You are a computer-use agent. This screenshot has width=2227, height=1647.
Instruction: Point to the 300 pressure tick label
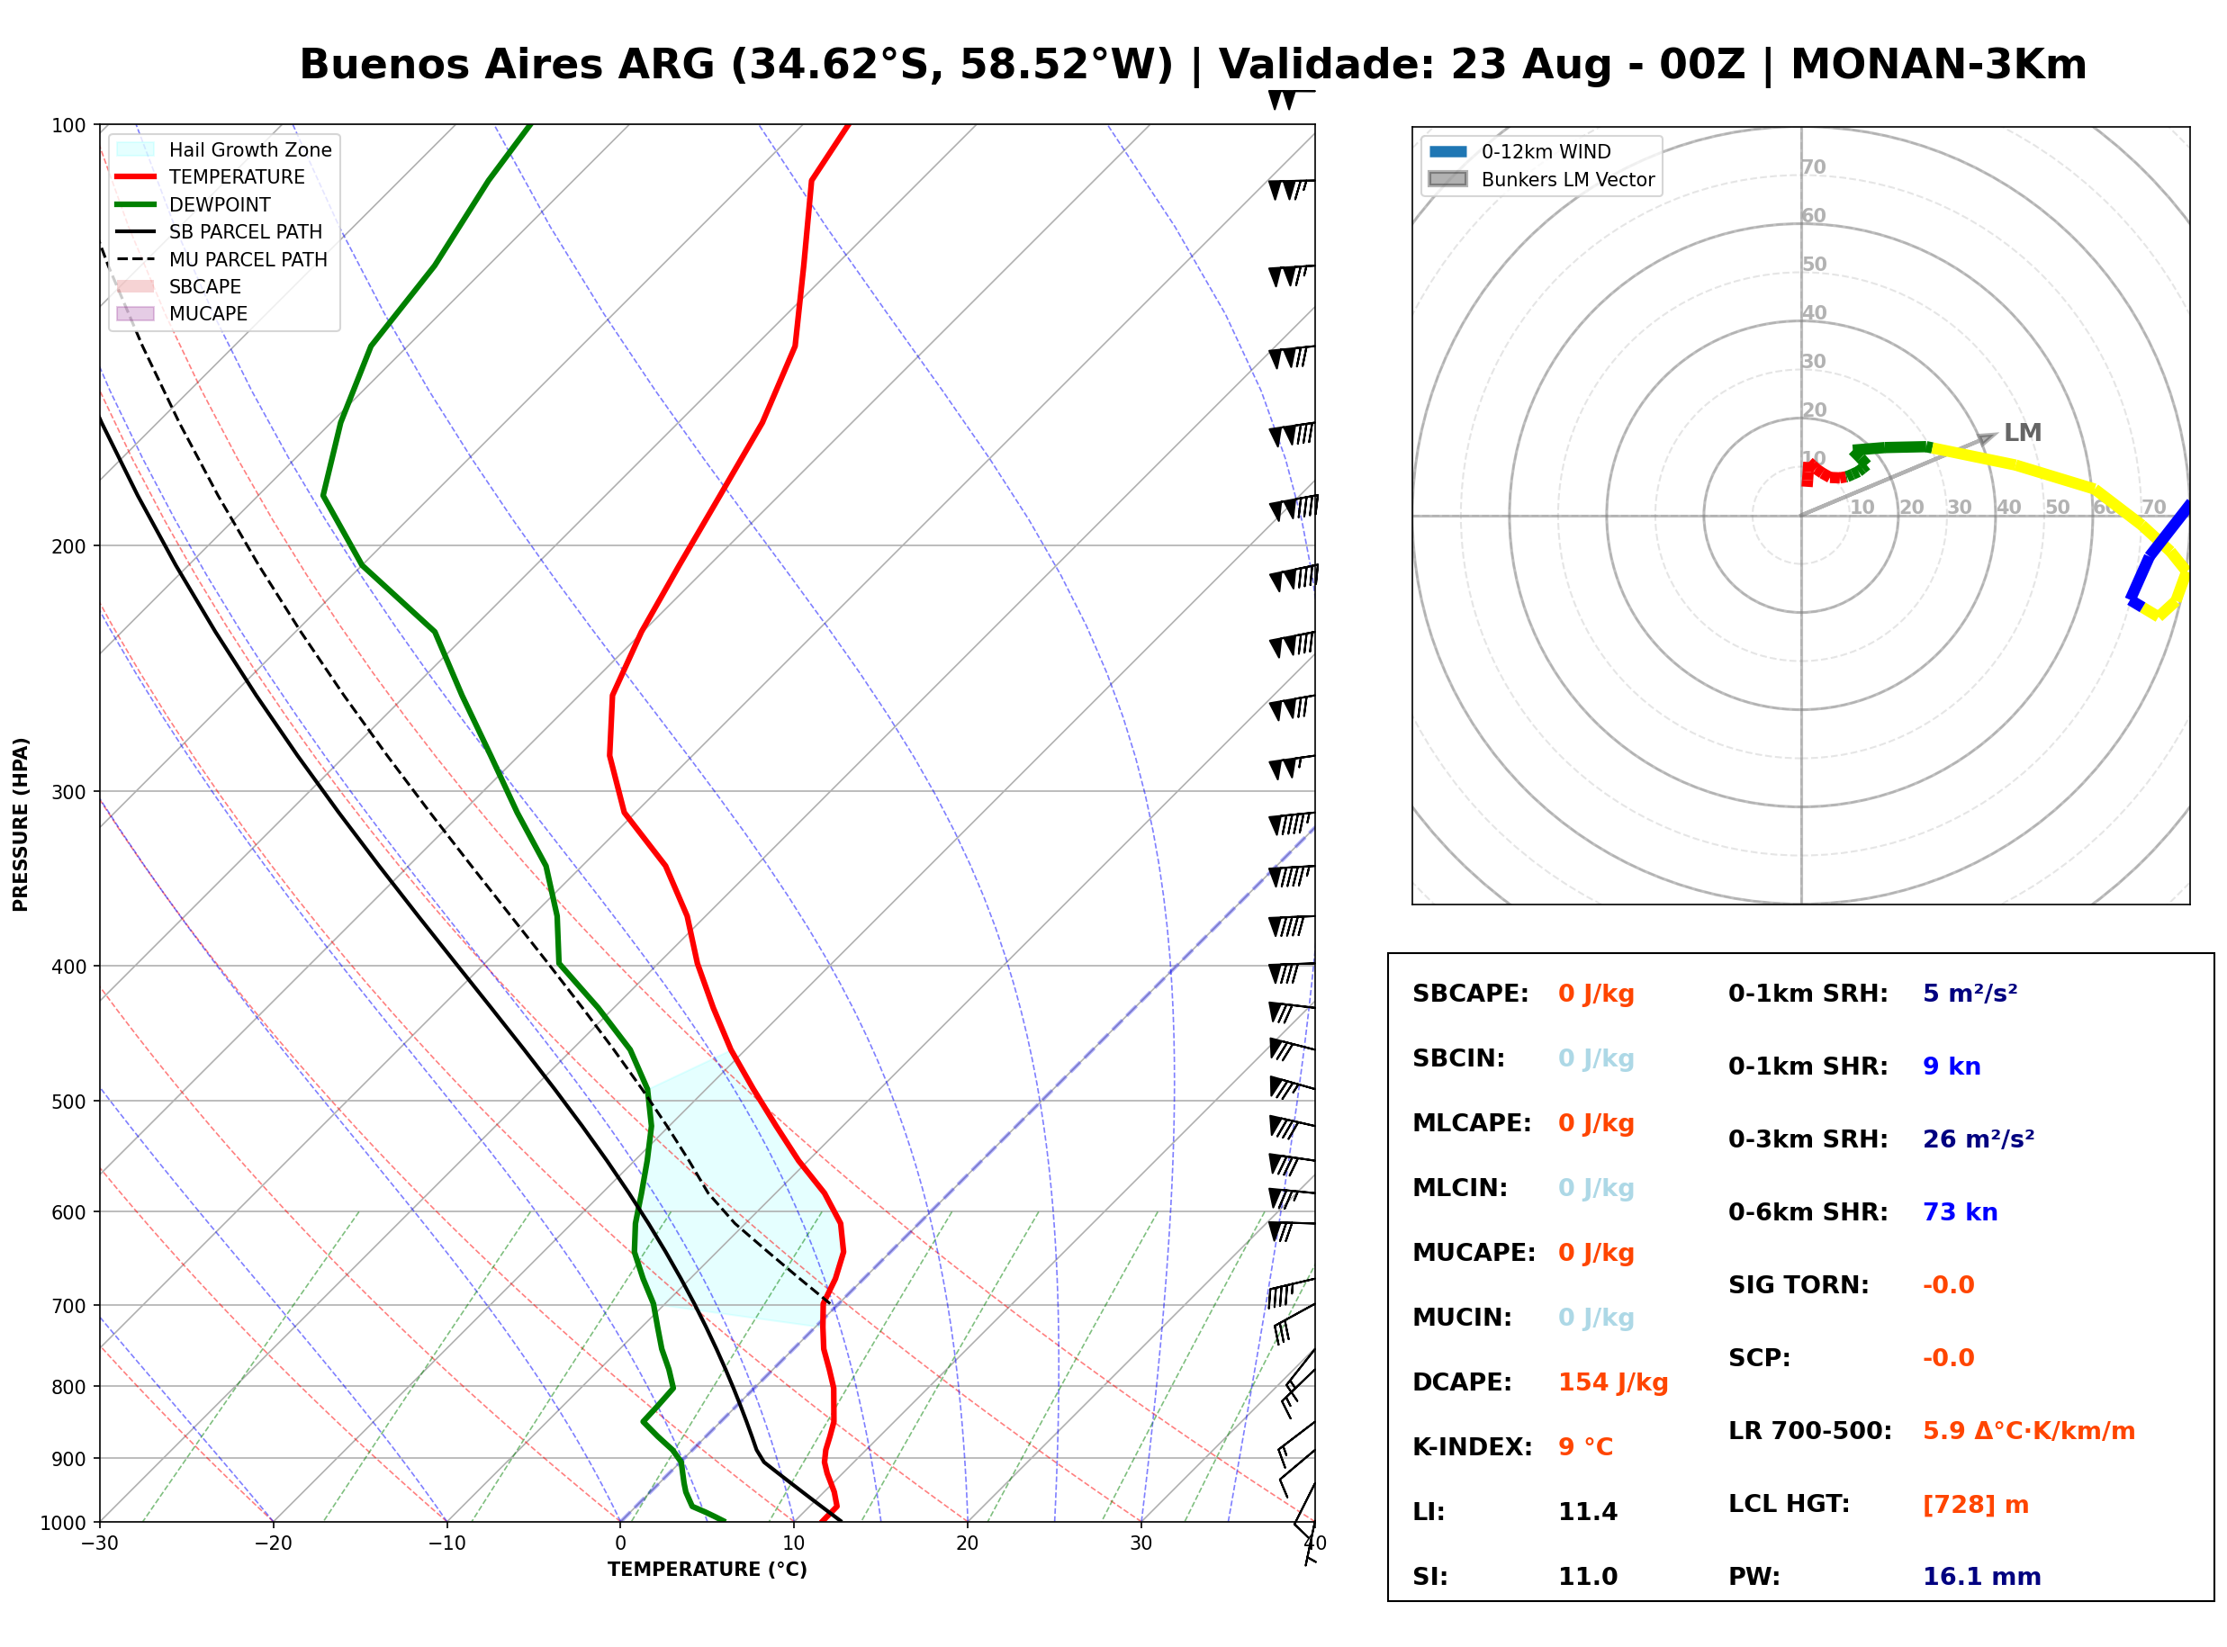coord(68,793)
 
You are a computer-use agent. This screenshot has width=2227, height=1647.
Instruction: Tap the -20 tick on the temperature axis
coord(273,1544)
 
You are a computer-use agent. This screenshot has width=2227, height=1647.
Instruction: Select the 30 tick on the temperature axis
coord(1141,1544)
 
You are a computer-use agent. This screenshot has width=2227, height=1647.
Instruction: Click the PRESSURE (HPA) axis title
coord(21,824)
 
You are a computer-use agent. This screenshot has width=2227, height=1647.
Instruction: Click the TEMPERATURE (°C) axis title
coord(708,1570)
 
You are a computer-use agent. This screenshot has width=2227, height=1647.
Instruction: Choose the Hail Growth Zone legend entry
coord(224,149)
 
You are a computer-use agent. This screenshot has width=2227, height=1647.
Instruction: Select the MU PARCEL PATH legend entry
coord(221,259)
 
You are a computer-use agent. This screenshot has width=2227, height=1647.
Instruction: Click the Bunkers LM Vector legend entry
coord(1542,179)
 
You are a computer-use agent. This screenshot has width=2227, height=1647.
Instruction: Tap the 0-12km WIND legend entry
coord(1520,151)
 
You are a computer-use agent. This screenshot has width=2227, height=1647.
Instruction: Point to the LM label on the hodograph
coord(2023,433)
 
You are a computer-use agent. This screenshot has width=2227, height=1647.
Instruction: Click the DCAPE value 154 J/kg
coord(1613,1382)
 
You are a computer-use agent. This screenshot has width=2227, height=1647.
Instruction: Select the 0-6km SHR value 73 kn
coord(1960,1212)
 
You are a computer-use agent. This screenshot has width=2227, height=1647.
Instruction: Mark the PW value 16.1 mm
coord(1982,1577)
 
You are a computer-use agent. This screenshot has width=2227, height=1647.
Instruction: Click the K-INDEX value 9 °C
coord(1586,1447)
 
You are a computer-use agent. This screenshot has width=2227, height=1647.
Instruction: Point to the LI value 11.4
coord(1588,1512)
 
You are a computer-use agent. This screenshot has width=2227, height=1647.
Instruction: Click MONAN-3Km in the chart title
coord(1939,65)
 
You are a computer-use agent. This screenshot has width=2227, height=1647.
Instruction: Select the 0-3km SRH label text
coord(1808,1139)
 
